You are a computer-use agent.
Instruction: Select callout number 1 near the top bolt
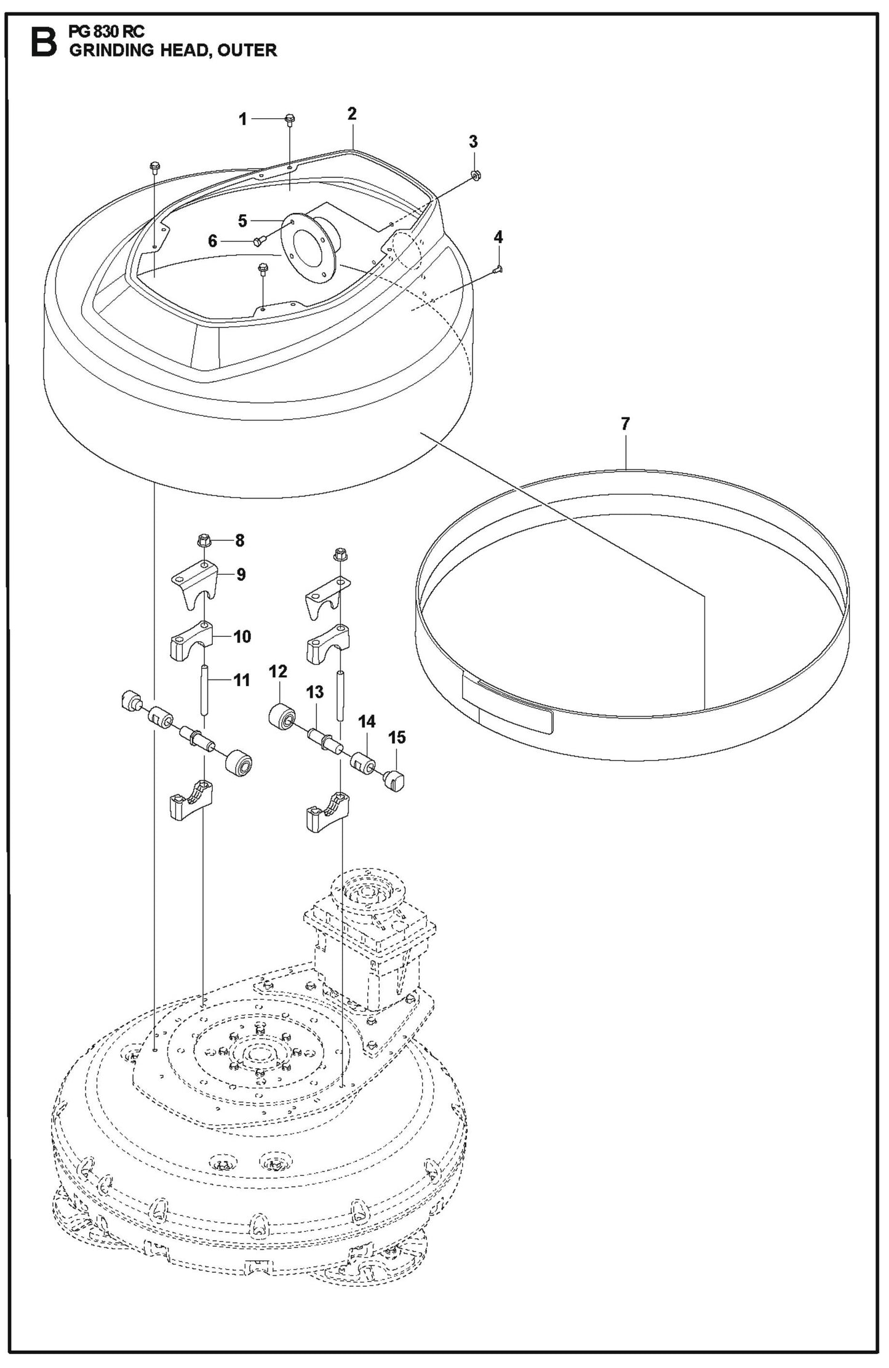tap(243, 119)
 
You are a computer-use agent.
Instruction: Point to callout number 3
tap(473, 142)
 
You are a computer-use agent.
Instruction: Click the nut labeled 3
tap(476, 175)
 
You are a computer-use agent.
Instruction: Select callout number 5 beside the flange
tap(242, 221)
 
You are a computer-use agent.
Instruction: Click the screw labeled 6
tap(258, 241)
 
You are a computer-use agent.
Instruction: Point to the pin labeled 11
tap(205, 690)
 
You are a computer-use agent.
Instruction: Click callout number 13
tap(314, 692)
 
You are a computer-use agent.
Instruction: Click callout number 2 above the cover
tap(352, 113)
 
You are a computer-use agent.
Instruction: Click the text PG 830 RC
tap(107, 33)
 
